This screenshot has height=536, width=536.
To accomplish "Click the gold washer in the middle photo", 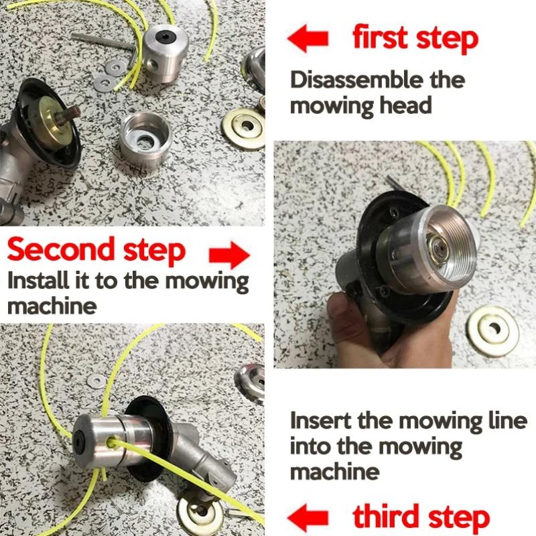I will click(x=494, y=330).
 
